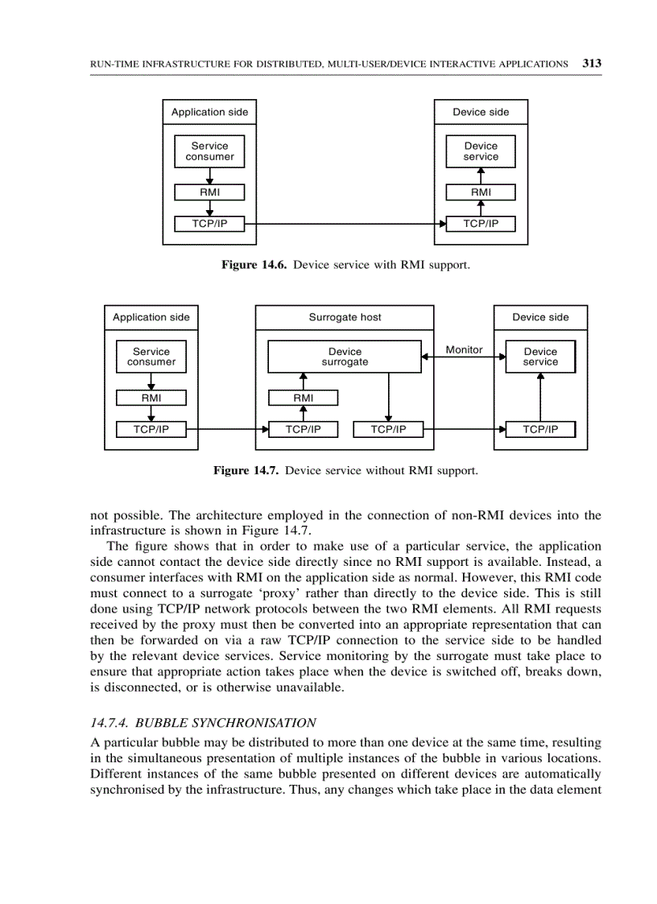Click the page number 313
(x=592, y=64)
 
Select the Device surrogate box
(x=345, y=357)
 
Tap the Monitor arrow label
(x=464, y=349)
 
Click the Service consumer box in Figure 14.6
(x=209, y=151)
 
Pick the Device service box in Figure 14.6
(x=481, y=151)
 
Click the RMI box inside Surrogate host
(x=303, y=398)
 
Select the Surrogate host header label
(x=345, y=317)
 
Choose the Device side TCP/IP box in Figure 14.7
(x=540, y=429)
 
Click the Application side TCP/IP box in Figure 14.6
(x=209, y=224)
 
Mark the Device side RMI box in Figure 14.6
(x=481, y=192)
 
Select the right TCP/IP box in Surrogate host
(x=388, y=429)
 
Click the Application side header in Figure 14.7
(x=151, y=317)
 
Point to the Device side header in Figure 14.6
(x=481, y=112)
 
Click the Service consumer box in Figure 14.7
(x=151, y=357)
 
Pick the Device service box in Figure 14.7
(x=540, y=357)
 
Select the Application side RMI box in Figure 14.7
(x=151, y=398)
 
